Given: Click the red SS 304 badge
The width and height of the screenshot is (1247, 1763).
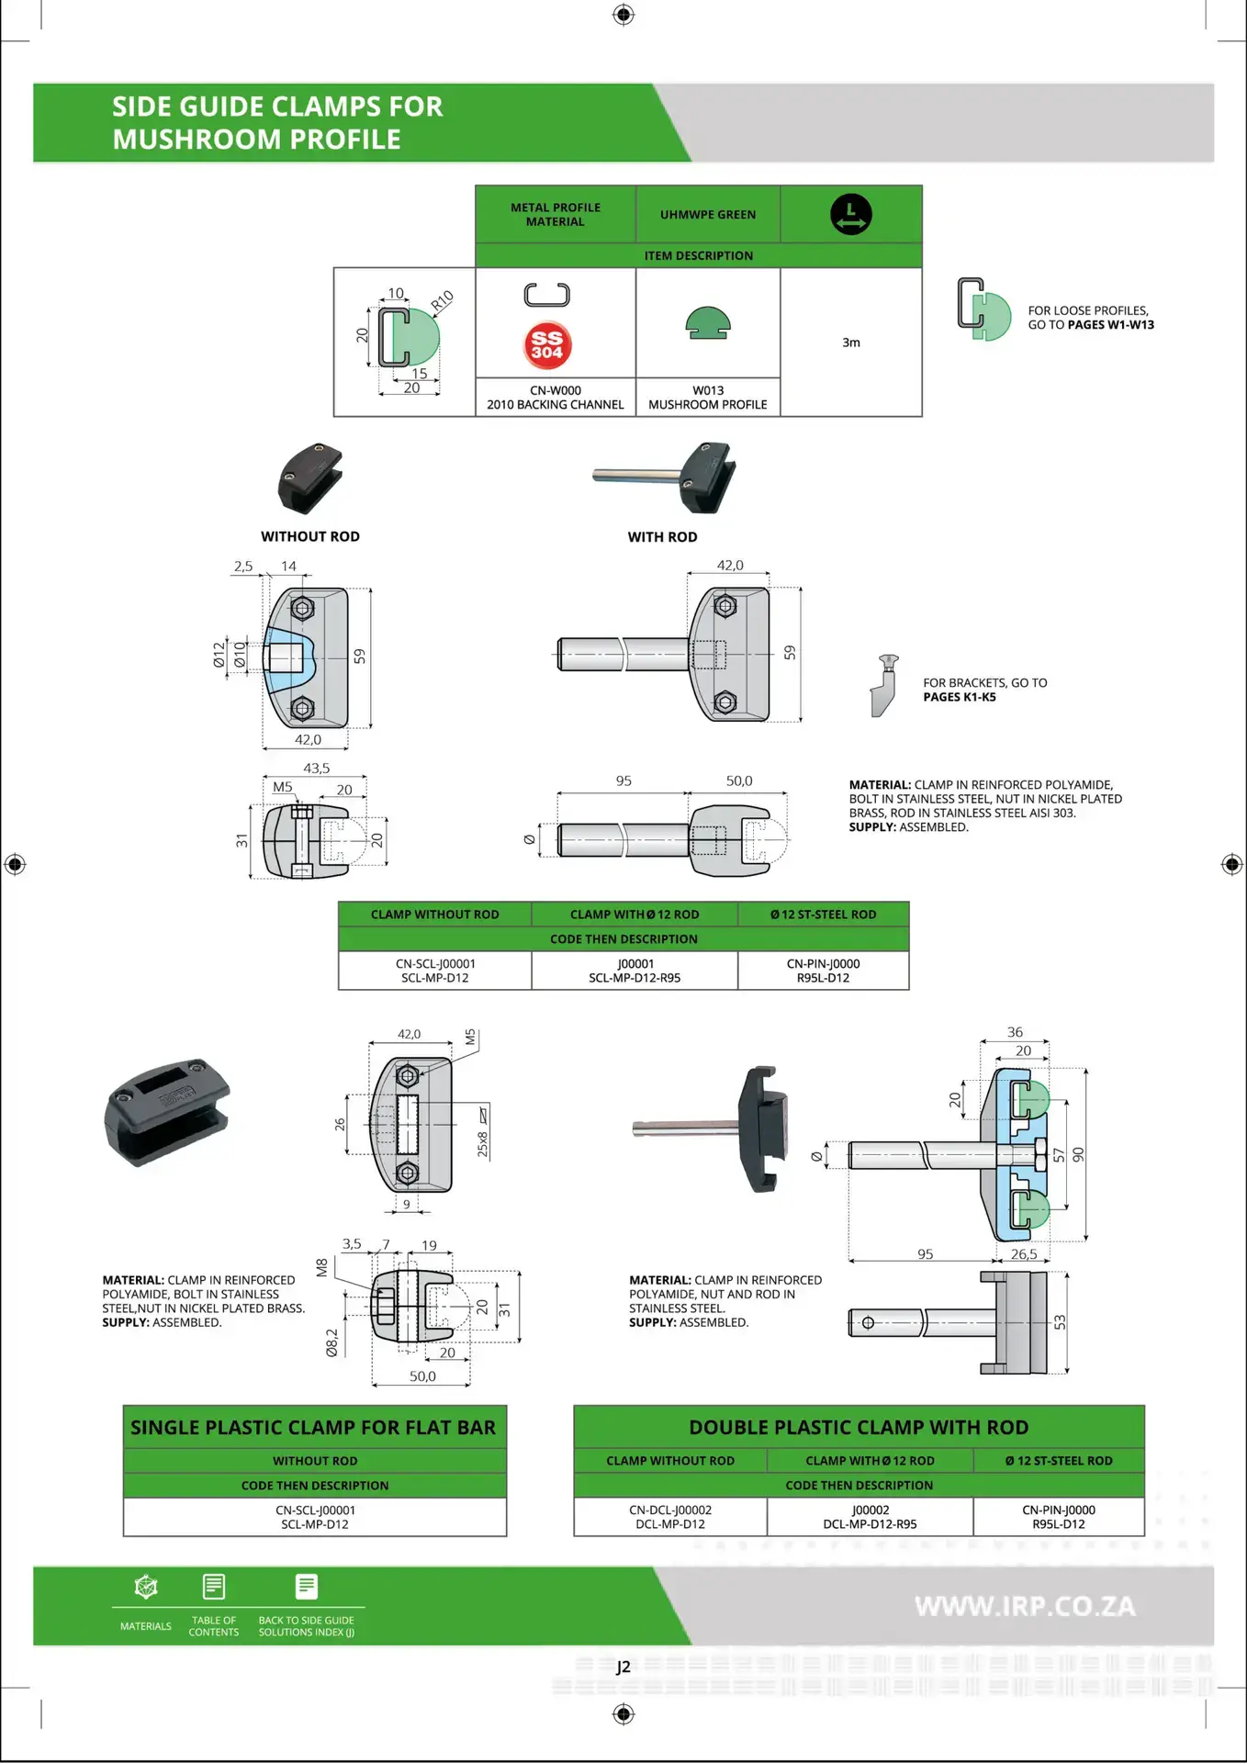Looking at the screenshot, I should point(547,345).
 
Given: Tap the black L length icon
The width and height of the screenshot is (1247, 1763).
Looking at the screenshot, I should point(851,214).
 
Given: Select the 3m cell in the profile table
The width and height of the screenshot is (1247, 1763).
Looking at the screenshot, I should point(851,342).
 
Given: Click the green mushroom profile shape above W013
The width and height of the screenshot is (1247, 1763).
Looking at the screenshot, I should point(708,322).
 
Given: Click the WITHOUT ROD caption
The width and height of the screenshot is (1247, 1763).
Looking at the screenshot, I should point(310,536).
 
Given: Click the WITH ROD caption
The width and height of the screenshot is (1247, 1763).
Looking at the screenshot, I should point(662,537).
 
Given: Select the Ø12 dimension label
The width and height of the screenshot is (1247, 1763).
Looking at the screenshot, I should point(219,655).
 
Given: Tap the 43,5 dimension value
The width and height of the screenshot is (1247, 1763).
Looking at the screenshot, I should point(316,769).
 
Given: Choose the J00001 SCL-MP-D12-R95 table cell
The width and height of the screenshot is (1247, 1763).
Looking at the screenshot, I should point(635,971).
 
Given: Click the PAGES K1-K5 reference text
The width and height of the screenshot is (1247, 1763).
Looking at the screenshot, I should point(960,697).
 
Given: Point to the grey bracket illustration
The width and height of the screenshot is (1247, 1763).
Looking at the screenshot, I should point(884,686).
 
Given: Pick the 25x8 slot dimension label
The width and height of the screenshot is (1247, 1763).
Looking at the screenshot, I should point(482,1144).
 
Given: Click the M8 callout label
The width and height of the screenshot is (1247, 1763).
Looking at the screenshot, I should point(321,1268).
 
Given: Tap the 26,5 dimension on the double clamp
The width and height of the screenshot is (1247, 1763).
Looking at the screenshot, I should point(1024,1254).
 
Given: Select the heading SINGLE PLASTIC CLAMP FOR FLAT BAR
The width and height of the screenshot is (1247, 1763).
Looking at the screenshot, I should point(313,1428).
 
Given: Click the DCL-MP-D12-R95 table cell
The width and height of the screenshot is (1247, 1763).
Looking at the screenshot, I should point(870,1517).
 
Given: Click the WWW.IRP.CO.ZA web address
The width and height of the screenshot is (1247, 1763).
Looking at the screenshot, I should point(1025,1606).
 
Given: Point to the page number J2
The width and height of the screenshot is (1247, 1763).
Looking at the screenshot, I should point(623,1668).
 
